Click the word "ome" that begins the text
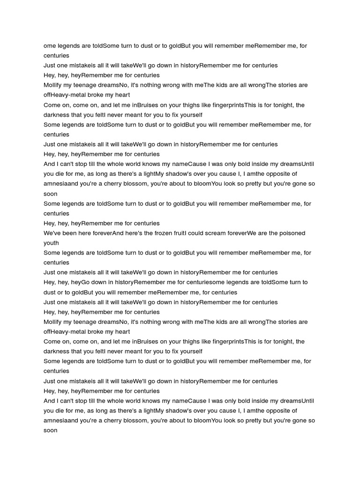click(x=49, y=46)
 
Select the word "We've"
click(x=52, y=233)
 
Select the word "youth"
click(x=51, y=243)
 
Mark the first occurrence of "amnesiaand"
click(x=60, y=184)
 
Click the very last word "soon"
click(x=51, y=430)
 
